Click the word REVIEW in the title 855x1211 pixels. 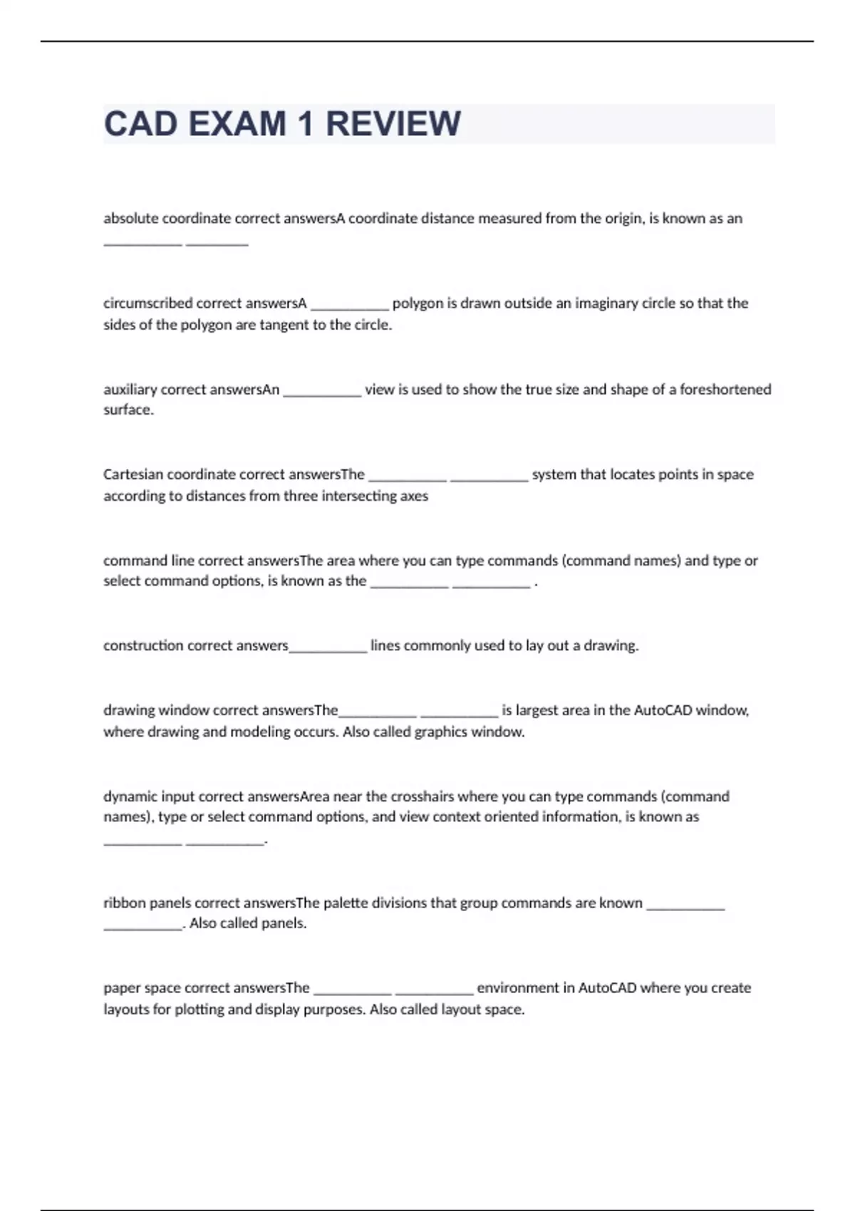(x=393, y=124)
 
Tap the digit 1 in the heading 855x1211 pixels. (x=306, y=124)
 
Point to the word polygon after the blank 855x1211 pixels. (x=418, y=303)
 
